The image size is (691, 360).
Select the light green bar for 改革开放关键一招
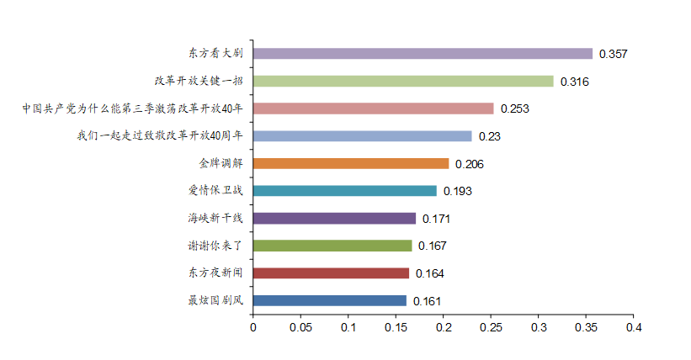(x=403, y=82)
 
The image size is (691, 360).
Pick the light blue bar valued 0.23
(x=362, y=136)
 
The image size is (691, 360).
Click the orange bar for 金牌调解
(x=351, y=163)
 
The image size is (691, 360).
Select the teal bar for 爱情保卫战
(x=344, y=191)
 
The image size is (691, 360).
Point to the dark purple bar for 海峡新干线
(x=334, y=219)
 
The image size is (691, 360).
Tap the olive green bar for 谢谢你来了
(x=332, y=246)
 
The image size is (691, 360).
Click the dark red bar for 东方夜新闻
(x=331, y=273)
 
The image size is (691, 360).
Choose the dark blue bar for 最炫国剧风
(x=329, y=300)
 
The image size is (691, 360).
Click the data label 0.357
(x=613, y=55)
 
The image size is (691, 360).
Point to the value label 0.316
(x=574, y=82)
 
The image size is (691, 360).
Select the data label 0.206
(x=470, y=164)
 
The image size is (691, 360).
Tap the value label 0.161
(x=427, y=301)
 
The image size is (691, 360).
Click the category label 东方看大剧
(x=215, y=54)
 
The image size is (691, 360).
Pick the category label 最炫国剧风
(x=215, y=300)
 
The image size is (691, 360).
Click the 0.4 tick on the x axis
(x=634, y=327)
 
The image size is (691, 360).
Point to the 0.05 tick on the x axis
(x=300, y=327)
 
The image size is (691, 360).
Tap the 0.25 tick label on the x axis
(x=491, y=327)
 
